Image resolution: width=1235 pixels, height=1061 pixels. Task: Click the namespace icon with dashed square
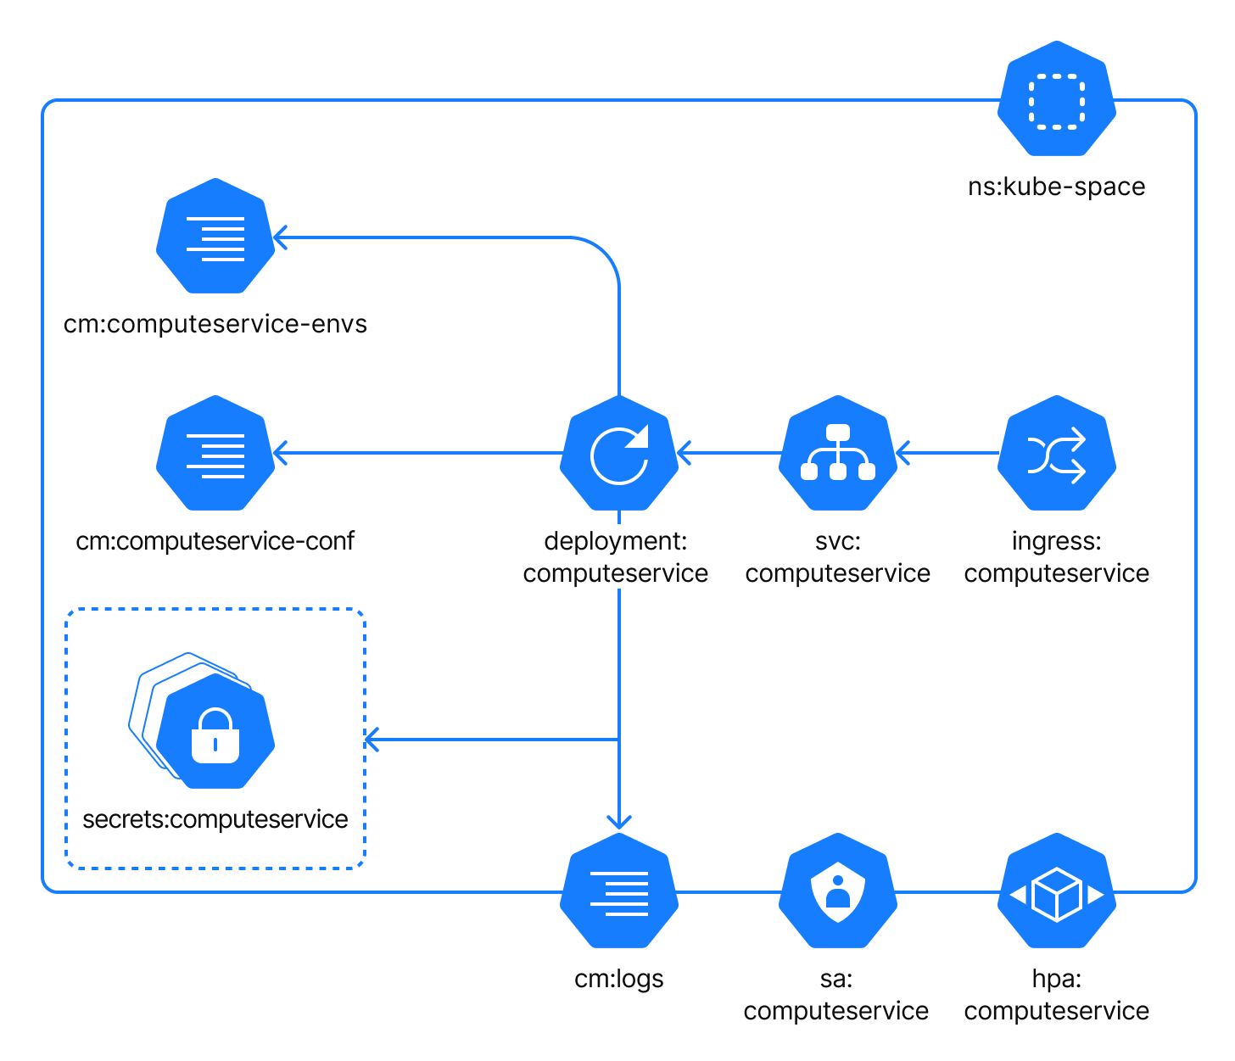(x=1056, y=99)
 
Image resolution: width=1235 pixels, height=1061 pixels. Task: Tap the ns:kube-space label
(x=1056, y=187)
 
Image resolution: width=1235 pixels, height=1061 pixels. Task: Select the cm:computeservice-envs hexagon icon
(x=215, y=237)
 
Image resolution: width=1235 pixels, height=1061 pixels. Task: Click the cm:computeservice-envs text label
(x=215, y=324)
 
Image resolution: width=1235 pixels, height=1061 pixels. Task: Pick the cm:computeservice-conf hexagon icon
(x=215, y=453)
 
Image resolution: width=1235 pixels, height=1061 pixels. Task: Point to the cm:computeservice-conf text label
(x=215, y=541)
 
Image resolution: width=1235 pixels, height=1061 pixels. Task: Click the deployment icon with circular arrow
(x=619, y=454)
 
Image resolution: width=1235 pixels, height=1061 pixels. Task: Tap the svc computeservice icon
(x=838, y=454)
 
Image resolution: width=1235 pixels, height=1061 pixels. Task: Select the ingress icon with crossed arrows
(x=1056, y=454)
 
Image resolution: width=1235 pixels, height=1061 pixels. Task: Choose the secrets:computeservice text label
(x=215, y=819)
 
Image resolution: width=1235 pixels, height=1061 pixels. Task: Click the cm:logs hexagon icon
(x=619, y=891)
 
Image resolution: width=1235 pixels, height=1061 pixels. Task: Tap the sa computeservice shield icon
(x=838, y=891)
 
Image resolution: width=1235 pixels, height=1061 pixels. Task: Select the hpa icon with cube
(x=1056, y=891)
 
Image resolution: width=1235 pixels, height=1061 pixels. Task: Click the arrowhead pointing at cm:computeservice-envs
(x=280, y=237)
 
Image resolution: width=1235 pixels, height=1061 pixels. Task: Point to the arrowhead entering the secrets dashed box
(x=372, y=740)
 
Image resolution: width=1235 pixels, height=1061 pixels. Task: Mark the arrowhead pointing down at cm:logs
(x=619, y=821)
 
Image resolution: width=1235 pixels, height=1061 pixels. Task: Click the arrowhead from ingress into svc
(x=902, y=453)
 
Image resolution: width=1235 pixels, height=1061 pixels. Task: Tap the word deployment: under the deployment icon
(x=616, y=541)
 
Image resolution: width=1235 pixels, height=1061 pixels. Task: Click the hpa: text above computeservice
(x=1056, y=979)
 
